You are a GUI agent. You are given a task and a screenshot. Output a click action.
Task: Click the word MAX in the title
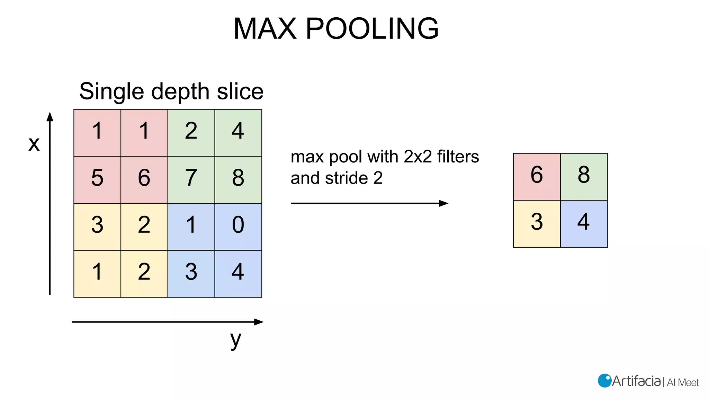[265, 28]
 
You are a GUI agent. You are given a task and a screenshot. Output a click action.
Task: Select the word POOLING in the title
[372, 28]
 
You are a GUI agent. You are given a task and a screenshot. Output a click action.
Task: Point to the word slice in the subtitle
[240, 91]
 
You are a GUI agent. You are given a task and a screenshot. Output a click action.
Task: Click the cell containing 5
[97, 179]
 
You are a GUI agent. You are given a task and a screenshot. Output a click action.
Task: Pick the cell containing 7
[191, 179]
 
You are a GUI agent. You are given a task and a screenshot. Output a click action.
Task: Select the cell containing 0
[238, 227]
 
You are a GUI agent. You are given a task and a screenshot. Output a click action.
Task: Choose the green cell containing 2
[191, 133]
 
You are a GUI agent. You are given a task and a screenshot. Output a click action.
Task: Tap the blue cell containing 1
[191, 227]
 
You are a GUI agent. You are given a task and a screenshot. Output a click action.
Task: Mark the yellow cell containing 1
[97, 274]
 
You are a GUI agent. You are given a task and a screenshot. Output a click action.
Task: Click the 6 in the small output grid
[537, 177]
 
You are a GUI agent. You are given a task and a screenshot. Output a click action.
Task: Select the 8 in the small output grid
[584, 177]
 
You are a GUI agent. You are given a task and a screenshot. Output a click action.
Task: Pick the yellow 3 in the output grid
[537, 224]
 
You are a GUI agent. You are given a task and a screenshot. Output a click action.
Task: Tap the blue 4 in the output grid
[584, 224]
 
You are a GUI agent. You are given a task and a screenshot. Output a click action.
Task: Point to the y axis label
[235, 340]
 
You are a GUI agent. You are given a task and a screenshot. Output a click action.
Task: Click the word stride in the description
[346, 178]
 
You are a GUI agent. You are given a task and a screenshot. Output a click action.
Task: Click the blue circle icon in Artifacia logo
[604, 381]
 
